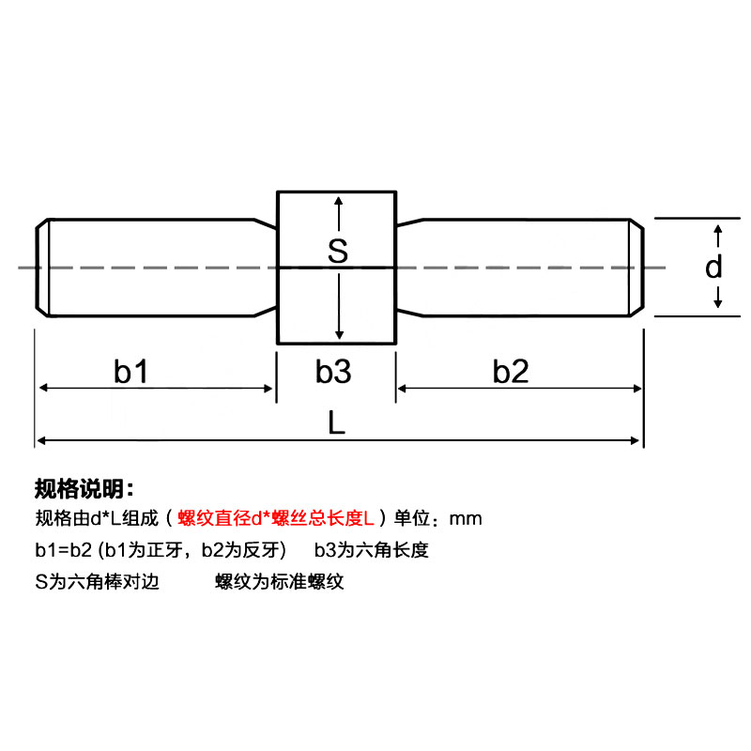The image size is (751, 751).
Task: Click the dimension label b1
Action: pos(131,372)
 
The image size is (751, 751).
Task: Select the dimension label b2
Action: pos(512,372)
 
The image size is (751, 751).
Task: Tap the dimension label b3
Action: pos(332,372)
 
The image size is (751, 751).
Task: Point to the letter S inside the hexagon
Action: pos(338,251)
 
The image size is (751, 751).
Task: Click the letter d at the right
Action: pos(714,268)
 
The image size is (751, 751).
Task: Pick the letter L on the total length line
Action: pos(337,423)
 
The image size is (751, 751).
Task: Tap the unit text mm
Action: pos(466,518)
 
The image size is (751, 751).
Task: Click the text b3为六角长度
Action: pos(371,550)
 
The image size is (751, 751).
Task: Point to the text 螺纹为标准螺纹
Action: pos(280,582)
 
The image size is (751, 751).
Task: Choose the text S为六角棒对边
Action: pos(97,582)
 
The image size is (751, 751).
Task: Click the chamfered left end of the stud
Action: pos(42,268)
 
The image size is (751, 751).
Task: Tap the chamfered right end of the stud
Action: pos(637,268)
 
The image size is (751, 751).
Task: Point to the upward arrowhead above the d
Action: pos(718,230)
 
